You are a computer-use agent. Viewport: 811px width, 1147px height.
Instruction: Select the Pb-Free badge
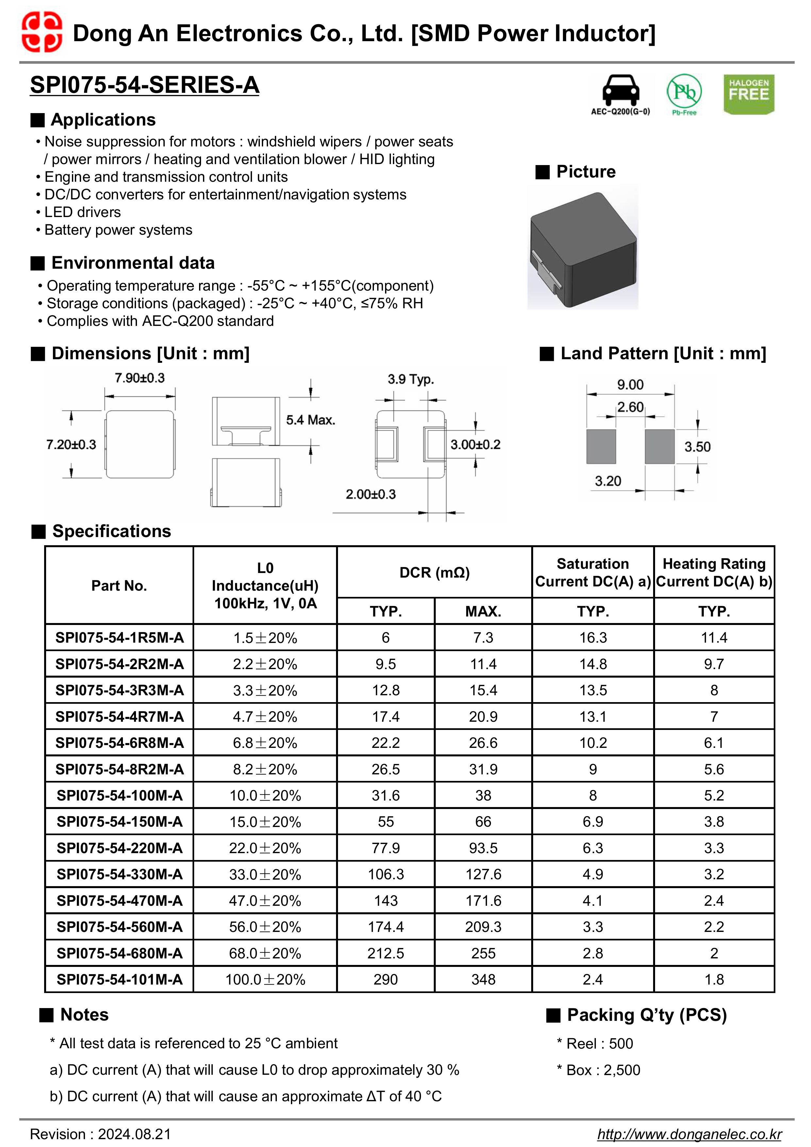pos(684,93)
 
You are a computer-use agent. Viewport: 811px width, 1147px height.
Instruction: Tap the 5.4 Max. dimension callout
pos(310,420)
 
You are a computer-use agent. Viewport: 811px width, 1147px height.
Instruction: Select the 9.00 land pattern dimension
pos(630,385)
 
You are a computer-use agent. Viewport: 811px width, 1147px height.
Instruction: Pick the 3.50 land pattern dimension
pos(697,447)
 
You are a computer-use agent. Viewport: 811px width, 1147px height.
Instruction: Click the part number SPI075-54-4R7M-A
pos(119,717)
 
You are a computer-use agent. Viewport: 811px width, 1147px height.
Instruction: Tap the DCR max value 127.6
pos(483,875)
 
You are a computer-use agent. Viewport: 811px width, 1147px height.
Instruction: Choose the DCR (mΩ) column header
pos(434,572)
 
